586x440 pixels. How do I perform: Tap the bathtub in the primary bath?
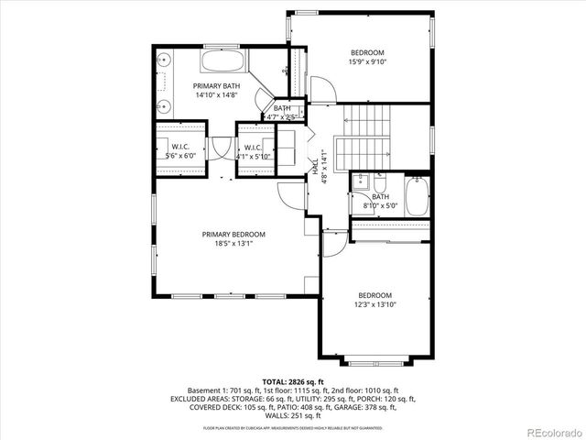[222, 62]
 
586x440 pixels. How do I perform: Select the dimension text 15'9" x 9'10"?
[366, 62]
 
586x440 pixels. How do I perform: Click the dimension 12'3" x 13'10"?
[375, 304]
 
